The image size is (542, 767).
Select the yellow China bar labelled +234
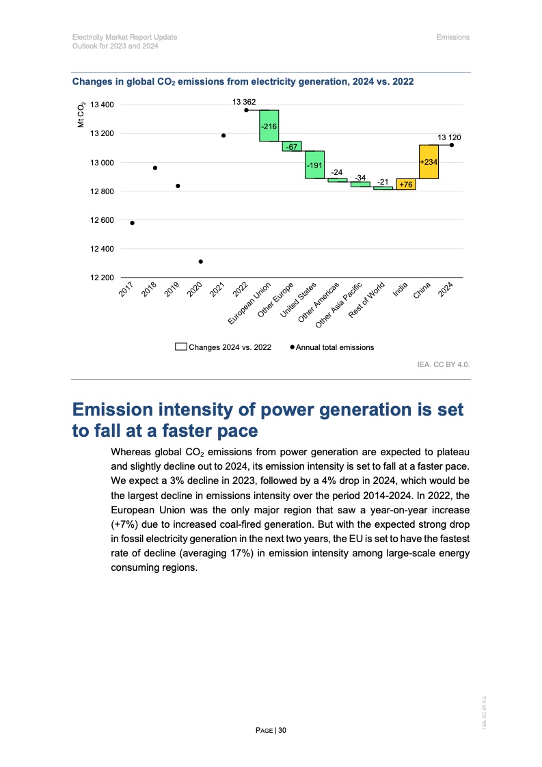[429, 161]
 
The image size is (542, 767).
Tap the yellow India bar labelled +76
[406, 184]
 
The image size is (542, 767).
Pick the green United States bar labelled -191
[314, 165]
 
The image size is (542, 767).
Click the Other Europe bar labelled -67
[292, 146]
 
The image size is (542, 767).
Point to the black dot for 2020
[200, 261]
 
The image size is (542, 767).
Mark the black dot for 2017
[132, 223]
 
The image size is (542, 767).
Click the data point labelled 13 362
[246, 109]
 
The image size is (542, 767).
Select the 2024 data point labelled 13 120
[452, 145]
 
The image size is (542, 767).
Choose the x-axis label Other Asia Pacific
[340, 305]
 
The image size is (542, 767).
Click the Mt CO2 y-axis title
[81, 114]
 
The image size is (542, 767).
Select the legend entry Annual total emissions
[334, 347]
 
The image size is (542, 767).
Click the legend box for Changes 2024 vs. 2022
[181, 347]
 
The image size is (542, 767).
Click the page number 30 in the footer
[282, 730]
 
